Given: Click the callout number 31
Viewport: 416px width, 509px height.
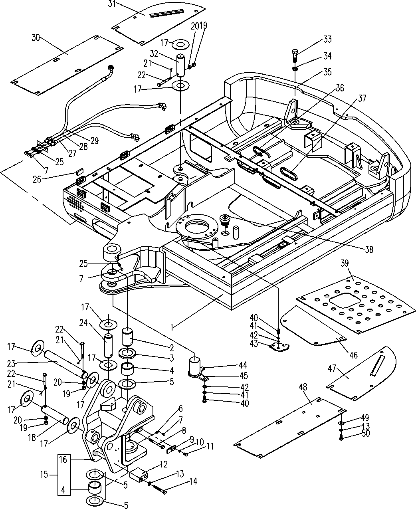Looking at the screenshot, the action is (x=112, y=4).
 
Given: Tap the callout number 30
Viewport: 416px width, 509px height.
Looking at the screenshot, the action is (x=36, y=38).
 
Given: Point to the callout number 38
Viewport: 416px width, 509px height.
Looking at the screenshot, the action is (x=369, y=250).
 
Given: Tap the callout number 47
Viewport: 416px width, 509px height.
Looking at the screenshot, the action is (x=332, y=368).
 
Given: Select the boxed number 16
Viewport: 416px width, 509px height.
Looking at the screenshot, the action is (x=63, y=459).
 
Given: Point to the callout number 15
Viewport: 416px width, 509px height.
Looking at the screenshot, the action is (x=44, y=475).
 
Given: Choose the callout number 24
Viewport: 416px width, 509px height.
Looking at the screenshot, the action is (x=83, y=323).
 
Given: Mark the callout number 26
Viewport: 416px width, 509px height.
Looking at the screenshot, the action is (x=37, y=179).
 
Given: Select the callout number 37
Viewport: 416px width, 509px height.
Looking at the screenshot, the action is (x=362, y=98).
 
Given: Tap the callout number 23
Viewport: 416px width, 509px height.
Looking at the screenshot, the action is (x=12, y=363).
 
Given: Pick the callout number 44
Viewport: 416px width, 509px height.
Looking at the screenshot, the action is (x=243, y=365).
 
